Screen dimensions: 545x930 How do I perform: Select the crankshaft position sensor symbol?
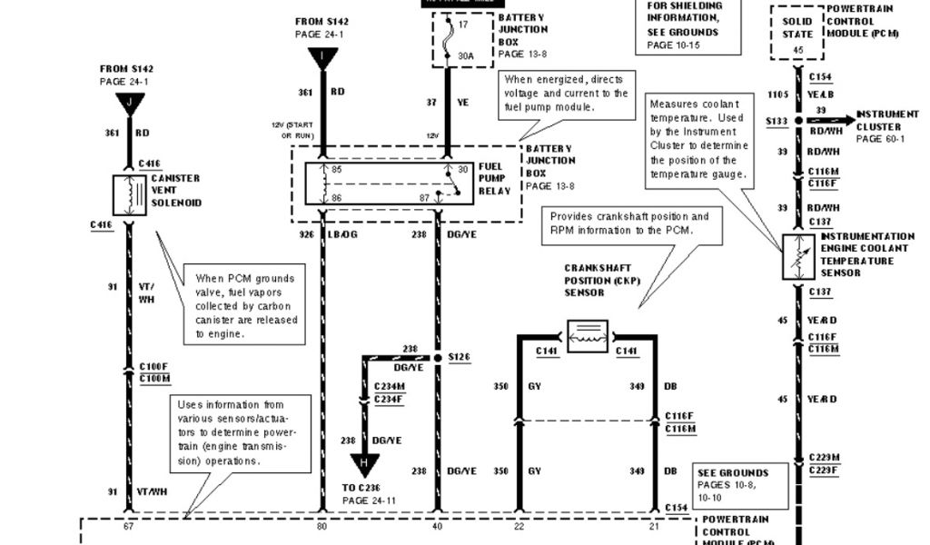pyautogui.click(x=587, y=334)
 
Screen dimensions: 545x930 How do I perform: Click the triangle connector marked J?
pyautogui.click(x=129, y=102)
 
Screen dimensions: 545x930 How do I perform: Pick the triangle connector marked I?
pyautogui.click(x=322, y=59)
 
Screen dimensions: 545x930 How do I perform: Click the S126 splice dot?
pyautogui.click(x=437, y=357)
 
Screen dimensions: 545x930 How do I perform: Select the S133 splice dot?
pyautogui.click(x=797, y=120)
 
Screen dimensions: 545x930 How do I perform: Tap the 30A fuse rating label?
pyautogui.click(x=466, y=56)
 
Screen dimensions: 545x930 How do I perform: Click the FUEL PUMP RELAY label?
pyautogui.click(x=496, y=179)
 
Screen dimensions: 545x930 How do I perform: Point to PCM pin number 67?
pyautogui.click(x=129, y=525)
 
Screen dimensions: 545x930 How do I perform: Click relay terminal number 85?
pyautogui.click(x=337, y=169)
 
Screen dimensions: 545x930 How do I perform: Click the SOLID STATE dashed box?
pyautogui.click(x=796, y=34)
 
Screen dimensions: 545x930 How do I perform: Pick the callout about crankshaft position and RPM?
pyautogui.click(x=628, y=223)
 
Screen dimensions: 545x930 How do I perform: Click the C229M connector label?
pyautogui.click(x=824, y=457)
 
